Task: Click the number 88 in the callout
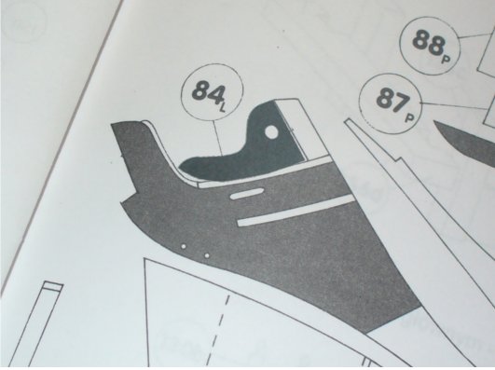pyautogui.click(x=428, y=42)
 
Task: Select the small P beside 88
pyautogui.click(x=446, y=59)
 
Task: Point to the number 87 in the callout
pyautogui.click(x=392, y=100)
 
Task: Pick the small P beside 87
pyautogui.click(x=410, y=118)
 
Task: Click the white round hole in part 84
pyautogui.click(x=271, y=132)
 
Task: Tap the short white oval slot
pyautogui.click(x=247, y=194)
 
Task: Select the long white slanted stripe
pyautogui.click(x=296, y=211)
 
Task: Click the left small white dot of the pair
pyautogui.click(x=184, y=246)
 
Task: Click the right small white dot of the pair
pyautogui.click(x=207, y=255)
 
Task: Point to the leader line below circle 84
pyautogui.click(x=218, y=137)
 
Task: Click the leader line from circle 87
pyautogui.click(x=454, y=105)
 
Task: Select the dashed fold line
pyautogui.click(x=220, y=330)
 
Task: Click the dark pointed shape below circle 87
pyautogui.click(x=464, y=142)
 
